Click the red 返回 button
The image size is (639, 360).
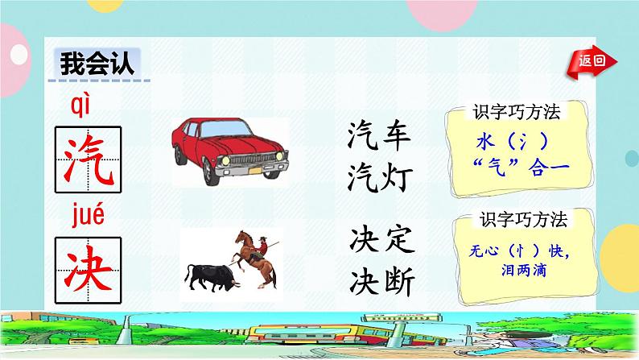click(x=596, y=60)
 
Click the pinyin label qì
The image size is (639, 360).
click(x=83, y=102)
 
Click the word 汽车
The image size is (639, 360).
click(x=381, y=134)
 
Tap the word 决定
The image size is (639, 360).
click(x=382, y=239)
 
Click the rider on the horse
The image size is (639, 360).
click(x=259, y=242)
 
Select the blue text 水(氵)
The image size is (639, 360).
click(x=512, y=140)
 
